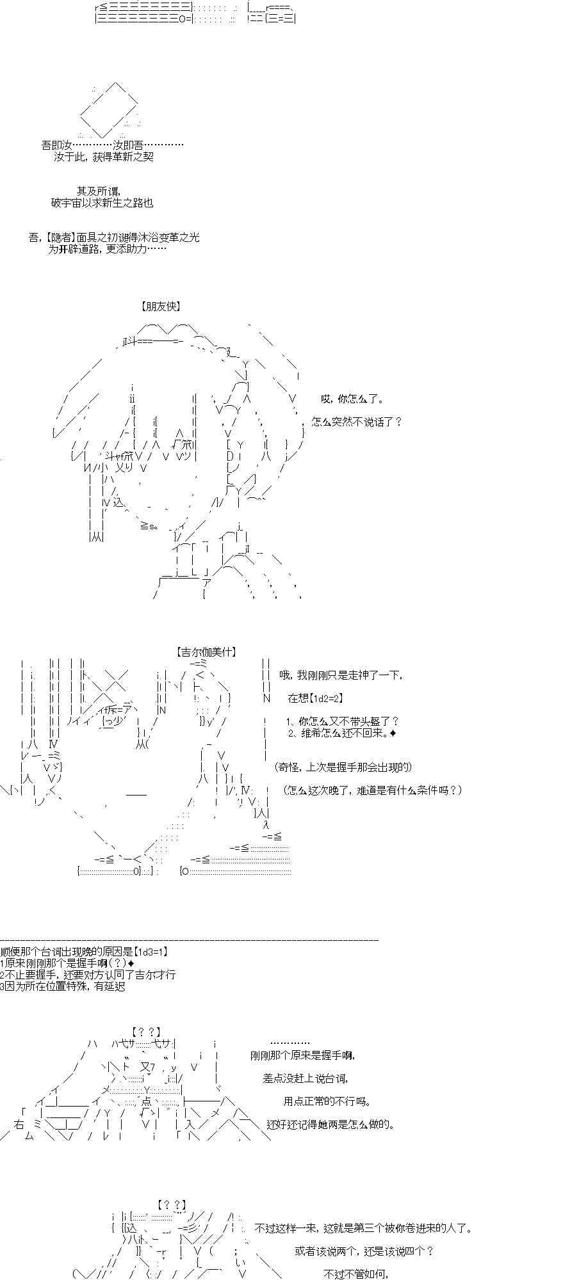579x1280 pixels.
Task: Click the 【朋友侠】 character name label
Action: tap(160, 307)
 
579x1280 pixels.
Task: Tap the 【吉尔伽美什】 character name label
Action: tap(206, 652)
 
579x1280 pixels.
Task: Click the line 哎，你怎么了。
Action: tap(352, 399)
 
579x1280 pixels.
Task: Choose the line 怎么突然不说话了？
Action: tap(357, 422)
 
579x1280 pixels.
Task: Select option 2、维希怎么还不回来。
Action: tap(338, 733)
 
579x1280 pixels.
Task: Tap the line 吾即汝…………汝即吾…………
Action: tap(112, 145)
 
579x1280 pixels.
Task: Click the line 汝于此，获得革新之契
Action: tap(104, 157)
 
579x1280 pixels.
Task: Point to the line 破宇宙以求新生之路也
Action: tap(102, 203)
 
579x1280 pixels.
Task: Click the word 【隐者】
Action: tap(61, 237)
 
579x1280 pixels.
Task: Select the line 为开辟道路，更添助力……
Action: tap(108, 249)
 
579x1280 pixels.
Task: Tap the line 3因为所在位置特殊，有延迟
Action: tap(63, 986)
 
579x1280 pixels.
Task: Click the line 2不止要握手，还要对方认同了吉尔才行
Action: tap(88, 975)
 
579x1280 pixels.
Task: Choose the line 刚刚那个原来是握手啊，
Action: tap(302, 1055)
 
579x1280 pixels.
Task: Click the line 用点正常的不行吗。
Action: tap(327, 1101)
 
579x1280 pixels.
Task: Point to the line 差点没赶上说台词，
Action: tap(305, 1078)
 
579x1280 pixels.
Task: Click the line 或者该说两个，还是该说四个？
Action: tap(364, 1251)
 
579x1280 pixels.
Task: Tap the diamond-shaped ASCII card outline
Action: tap(110, 109)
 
